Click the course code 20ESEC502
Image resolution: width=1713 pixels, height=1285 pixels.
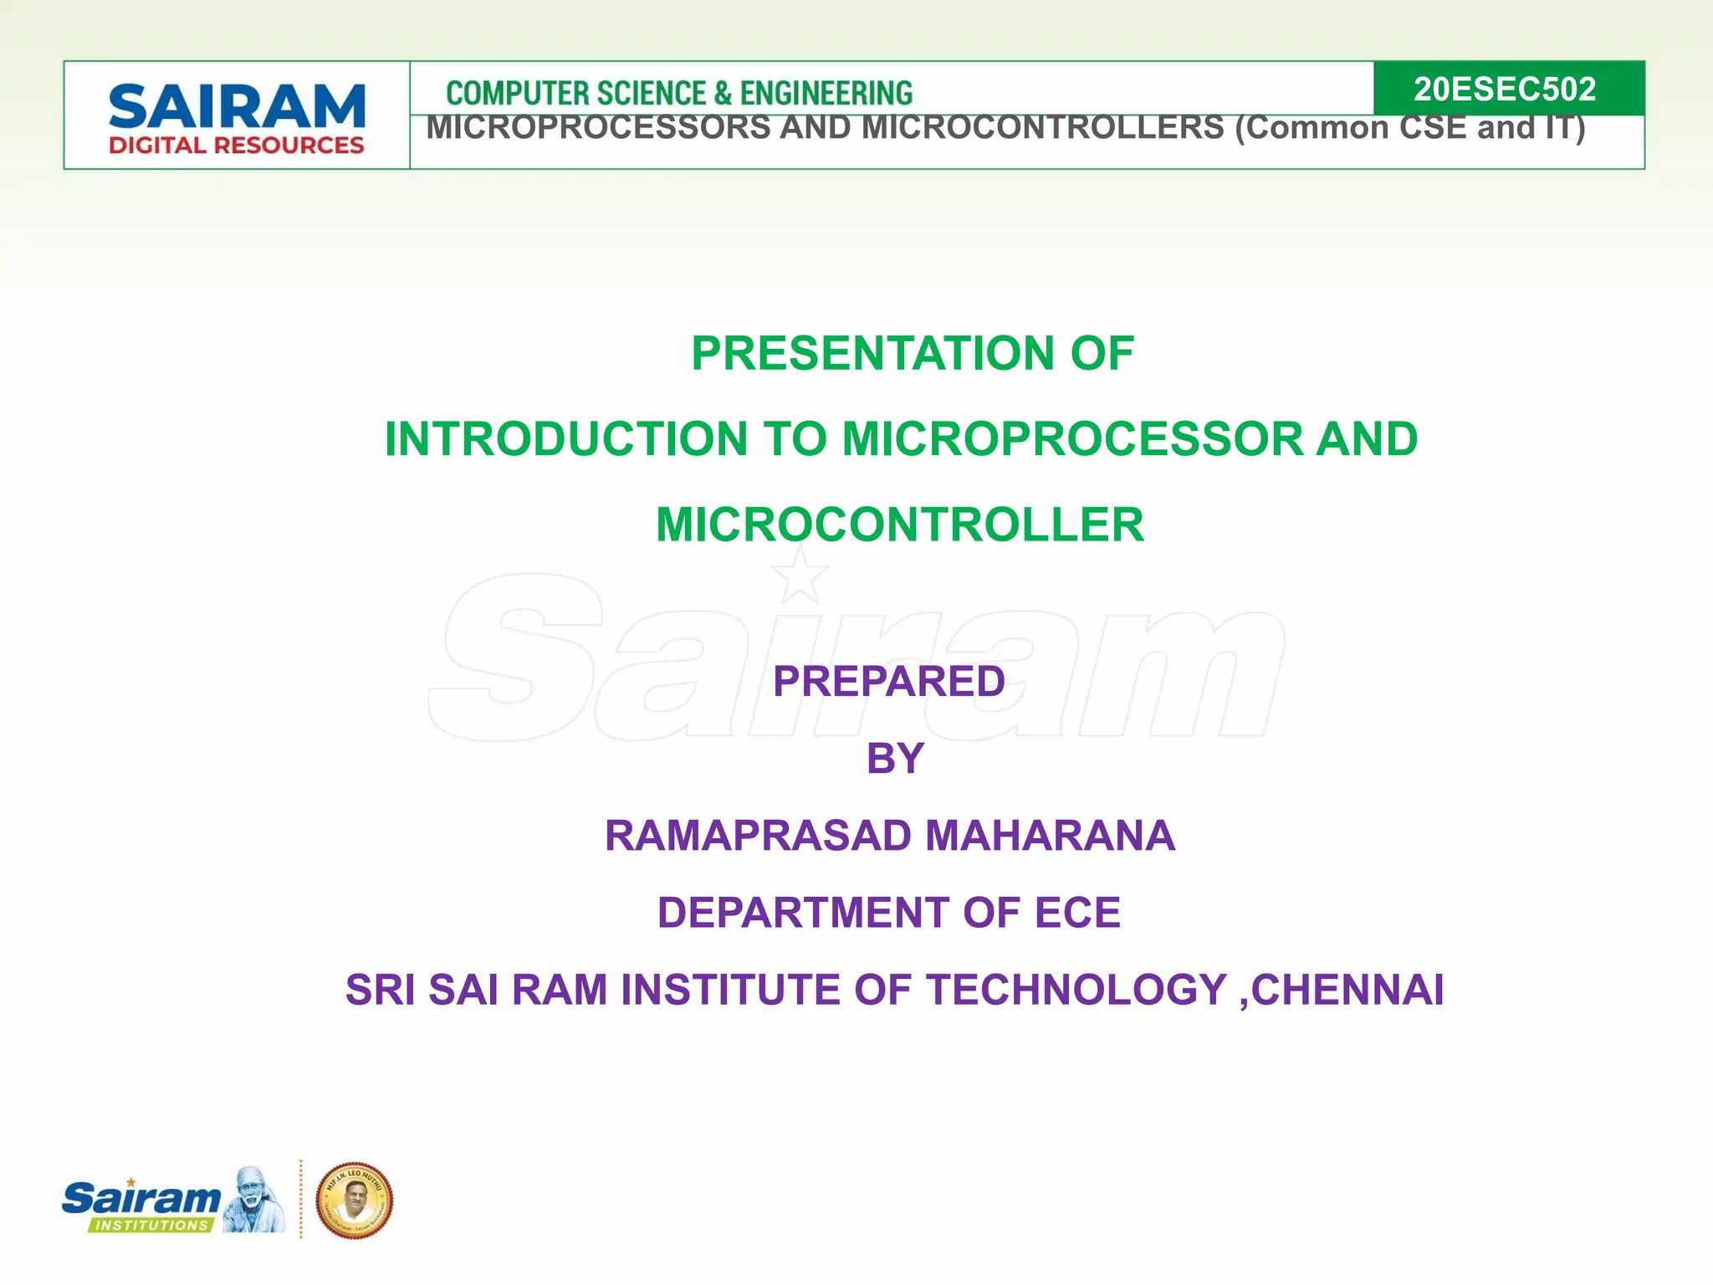[x=1504, y=89]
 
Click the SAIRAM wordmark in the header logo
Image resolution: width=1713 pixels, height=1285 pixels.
[x=237, y=107]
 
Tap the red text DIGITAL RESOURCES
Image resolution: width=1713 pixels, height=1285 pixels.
[x=237, y=146]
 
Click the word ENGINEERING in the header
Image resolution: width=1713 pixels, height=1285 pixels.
[x=826, y=93]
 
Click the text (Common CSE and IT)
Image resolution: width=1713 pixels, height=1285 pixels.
[x=1409, y=128]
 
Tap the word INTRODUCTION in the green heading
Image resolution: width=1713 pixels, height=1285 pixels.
[x=566, y=439]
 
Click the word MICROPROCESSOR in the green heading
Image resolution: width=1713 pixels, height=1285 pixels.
[x=1072, y=439]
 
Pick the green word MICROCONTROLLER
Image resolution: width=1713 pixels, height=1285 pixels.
[x=899, y=525]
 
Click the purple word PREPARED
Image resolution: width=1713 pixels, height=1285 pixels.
[x=888, y=681]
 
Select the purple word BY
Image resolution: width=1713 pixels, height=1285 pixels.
[x=894, y=759]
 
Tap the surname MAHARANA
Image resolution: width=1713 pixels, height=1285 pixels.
[x=1050, y=836]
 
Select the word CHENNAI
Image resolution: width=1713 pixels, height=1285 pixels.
[x=1347, y=990]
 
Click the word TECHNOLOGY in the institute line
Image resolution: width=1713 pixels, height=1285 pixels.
[x=1076, y=990]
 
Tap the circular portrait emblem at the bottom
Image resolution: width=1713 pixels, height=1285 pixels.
[x=355, y=1200]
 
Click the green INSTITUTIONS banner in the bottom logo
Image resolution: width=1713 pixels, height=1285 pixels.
[x=151, y=1225]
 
